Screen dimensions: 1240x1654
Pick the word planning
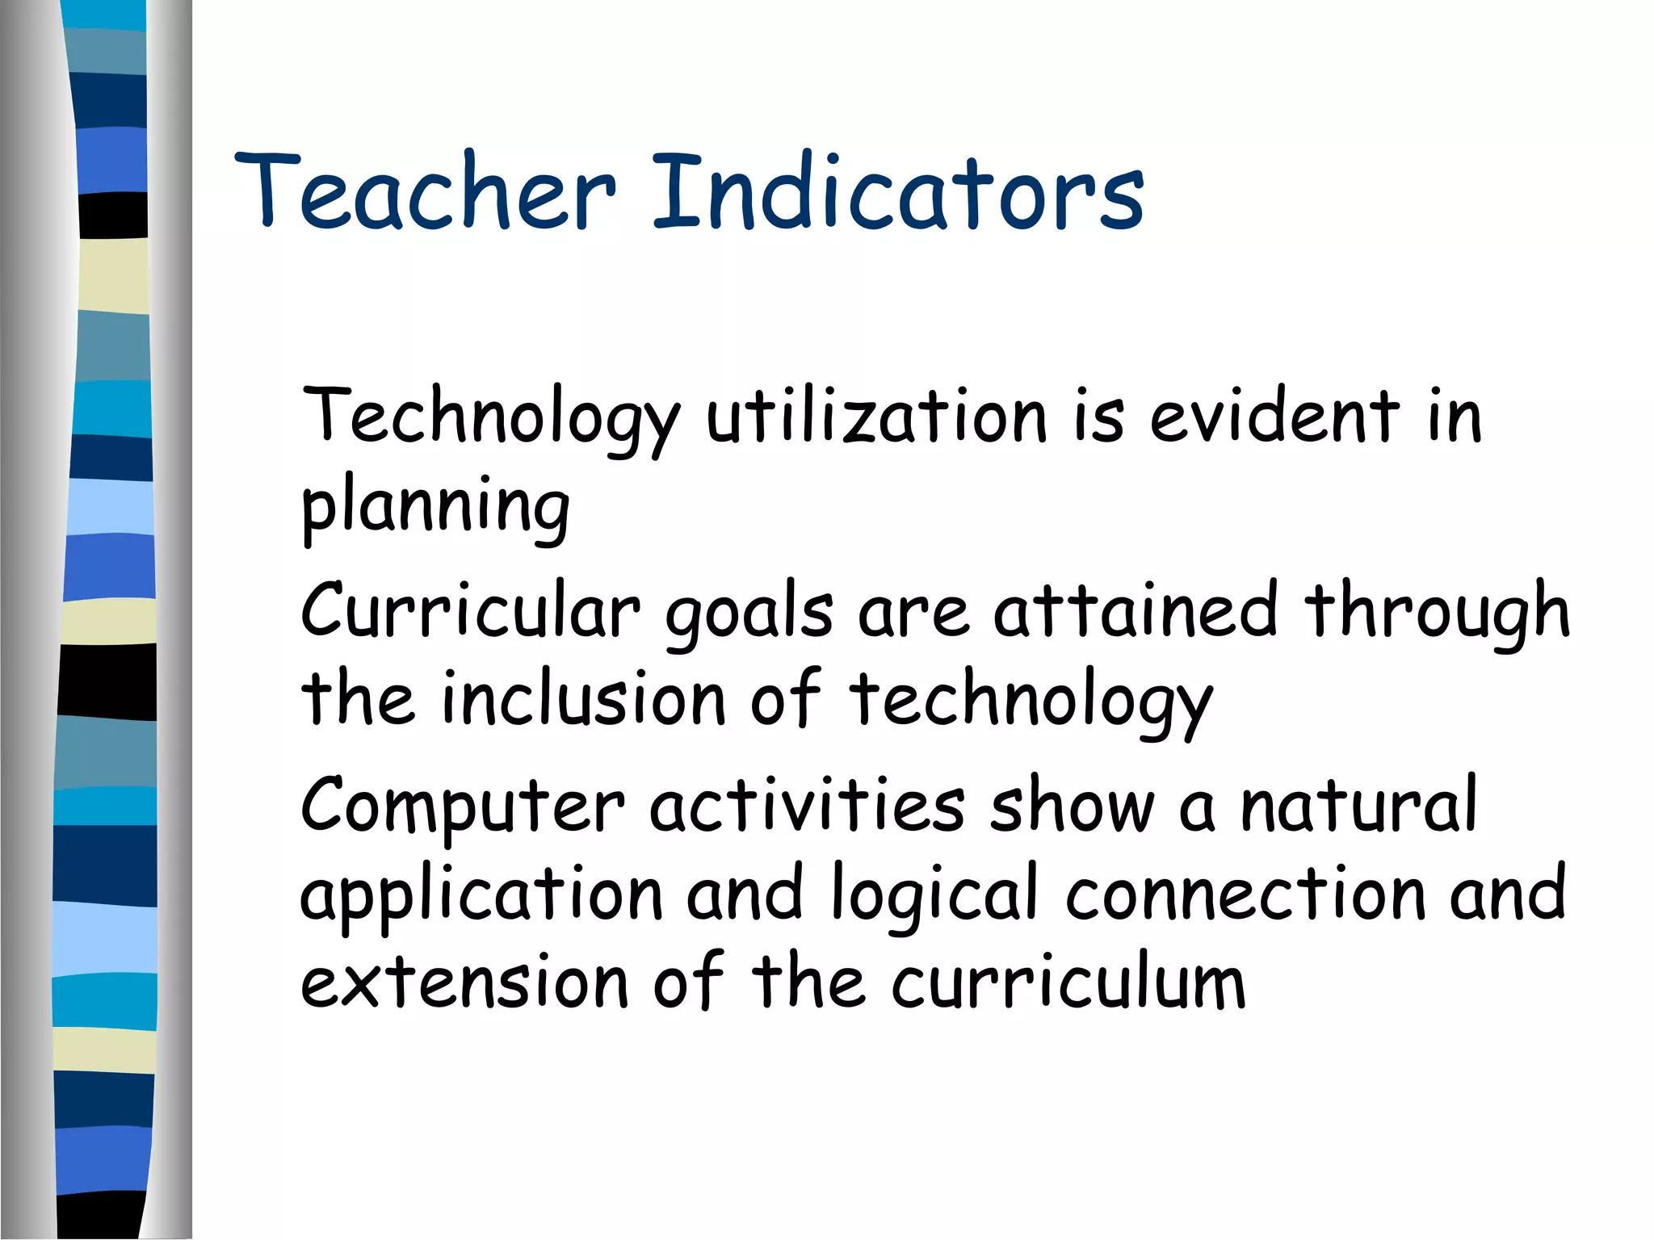point(435,509)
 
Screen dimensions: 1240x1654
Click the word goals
point(749,614)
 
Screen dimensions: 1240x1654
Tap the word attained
point(1136,610)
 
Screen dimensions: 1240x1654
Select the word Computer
point(463,807)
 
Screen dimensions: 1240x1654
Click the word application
point(481,896)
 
